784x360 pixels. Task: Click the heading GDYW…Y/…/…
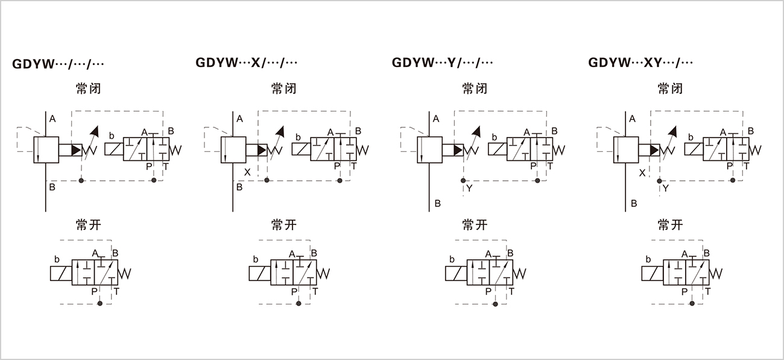point(443,63)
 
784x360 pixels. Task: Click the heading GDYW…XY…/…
point(640,63)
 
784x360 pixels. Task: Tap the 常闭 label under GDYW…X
point(283,89)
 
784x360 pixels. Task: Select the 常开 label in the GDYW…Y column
point(475,225)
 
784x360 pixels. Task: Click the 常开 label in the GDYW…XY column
point(670,225)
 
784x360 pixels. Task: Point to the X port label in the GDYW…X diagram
point(247,172)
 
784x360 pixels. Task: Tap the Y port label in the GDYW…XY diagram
point(665,189)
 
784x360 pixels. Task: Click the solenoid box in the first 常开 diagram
point(60,273)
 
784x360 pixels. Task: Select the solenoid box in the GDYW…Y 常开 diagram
point(455,273)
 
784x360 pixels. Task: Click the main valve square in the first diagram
point(45,149)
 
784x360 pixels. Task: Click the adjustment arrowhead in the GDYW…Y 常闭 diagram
point(477,131)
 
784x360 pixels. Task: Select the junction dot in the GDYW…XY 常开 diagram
point(691,304)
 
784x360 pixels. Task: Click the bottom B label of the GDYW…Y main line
point(438,204)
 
